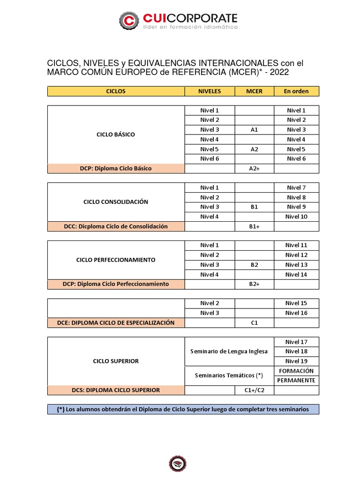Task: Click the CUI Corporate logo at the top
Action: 178,20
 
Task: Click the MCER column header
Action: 254,91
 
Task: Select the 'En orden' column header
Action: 296,91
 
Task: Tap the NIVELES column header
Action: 210,91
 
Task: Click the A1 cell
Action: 254,130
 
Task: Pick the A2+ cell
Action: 254,168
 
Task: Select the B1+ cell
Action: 254,226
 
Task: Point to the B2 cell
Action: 254,265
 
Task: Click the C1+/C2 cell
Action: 254,390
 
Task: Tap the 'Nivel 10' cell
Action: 296,217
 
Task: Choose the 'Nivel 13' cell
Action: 296,265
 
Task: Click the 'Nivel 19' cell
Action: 296,361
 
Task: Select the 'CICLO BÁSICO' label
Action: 115,135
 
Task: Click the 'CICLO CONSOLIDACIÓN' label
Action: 115,202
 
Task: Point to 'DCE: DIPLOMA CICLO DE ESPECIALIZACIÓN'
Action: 115,322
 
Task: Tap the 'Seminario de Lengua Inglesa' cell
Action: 229,351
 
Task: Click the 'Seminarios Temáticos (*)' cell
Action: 229,375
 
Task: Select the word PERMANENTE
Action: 296,380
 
